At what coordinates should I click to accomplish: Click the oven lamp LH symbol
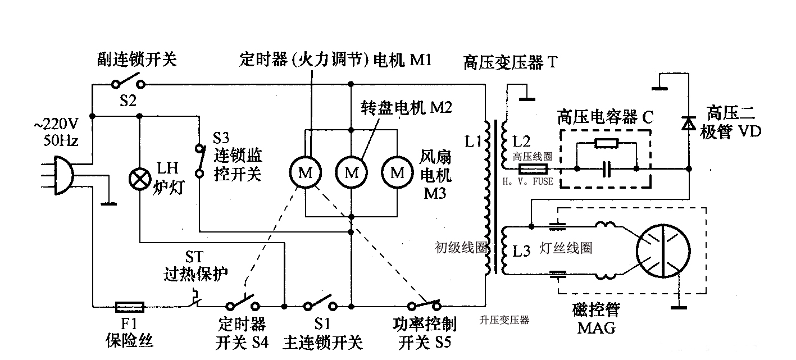point(139,179)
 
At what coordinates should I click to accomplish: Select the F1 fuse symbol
point(129,307)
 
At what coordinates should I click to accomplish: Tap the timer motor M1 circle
point(305,173)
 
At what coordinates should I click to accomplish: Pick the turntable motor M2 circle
point(351,173)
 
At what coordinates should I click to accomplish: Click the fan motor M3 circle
point(397,173)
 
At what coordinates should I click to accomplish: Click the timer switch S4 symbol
point(243,305)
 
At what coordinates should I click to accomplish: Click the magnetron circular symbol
point(663,251)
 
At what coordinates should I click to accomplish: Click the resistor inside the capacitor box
point(606,143)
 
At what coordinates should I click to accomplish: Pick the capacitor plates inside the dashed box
point(606,168)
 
